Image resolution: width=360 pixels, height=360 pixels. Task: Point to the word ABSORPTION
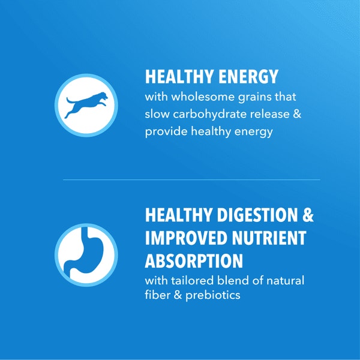coord(194,261)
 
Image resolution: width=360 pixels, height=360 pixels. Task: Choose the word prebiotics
coord(214,296)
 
